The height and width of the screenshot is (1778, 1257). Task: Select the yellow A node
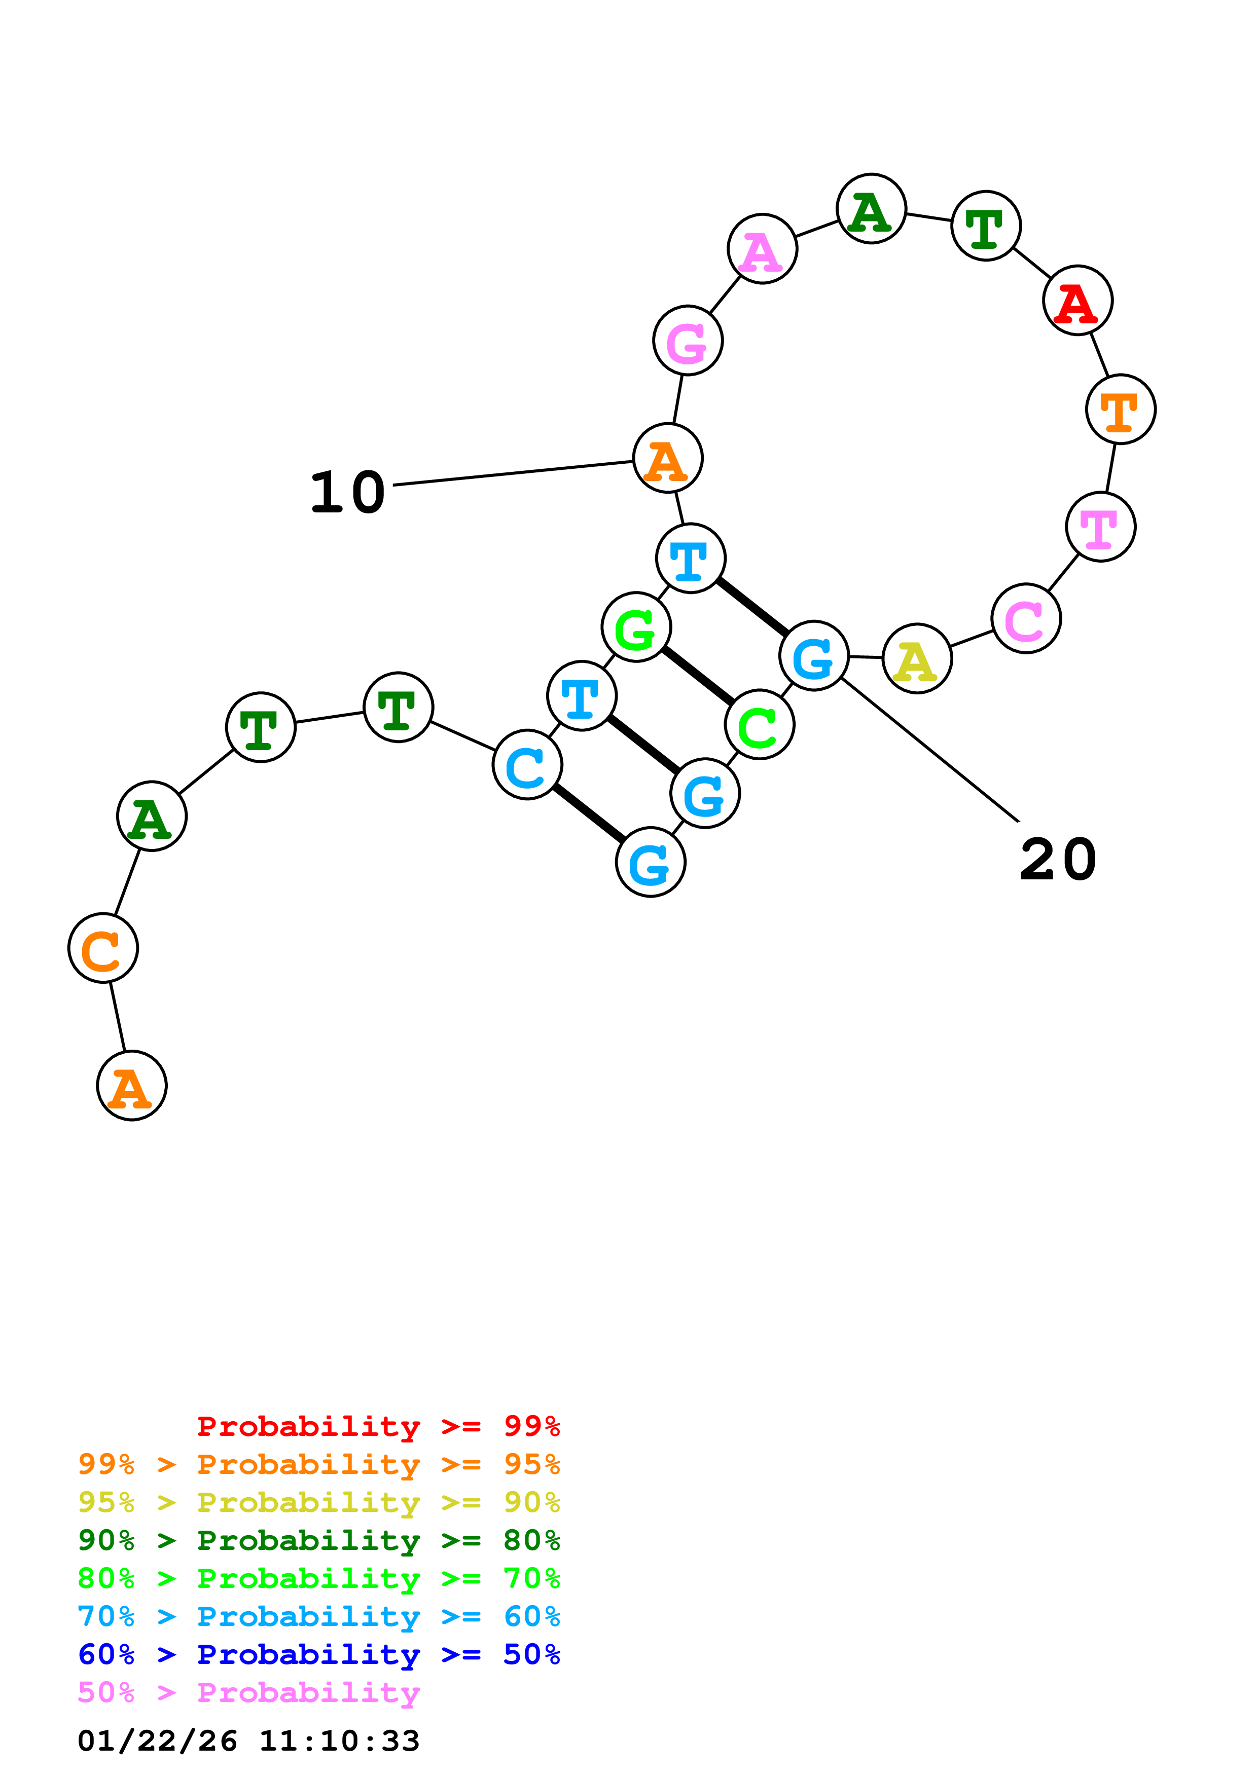tap(916, 658)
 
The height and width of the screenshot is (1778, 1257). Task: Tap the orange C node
tap(103, 948)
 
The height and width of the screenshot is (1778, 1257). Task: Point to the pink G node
tap(688, 340)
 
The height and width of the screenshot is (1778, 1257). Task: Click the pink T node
tap(1100, 527)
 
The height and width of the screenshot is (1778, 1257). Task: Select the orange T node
tap(1120, 409)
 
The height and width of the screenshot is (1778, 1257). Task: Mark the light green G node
tap(636, 627)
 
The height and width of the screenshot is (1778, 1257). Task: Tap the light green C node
tap(759, 725)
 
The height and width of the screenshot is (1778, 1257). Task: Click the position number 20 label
tap(1057, 860)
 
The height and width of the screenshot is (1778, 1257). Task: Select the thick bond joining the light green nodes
tap(698, 676)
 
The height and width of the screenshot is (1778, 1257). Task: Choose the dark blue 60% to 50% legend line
tap(318, 1654)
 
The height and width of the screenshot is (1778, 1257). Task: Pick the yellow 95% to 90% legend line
tap(318, 1502)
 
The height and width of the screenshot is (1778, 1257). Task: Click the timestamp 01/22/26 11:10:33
tap(248, 1740)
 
